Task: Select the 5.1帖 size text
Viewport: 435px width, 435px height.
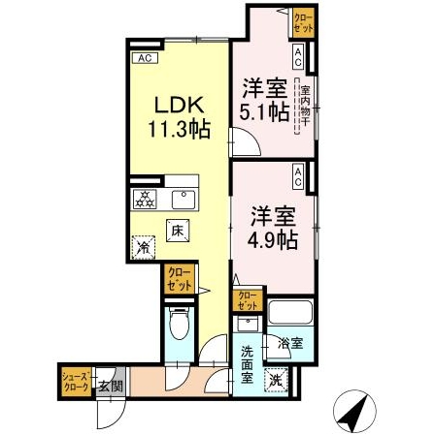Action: pyautogui.click(x=263, y=111)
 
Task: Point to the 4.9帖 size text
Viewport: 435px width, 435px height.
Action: pyautogui.click(x=265, y=237)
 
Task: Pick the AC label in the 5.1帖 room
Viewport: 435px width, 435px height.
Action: pyautogui.click(x=298, y=56)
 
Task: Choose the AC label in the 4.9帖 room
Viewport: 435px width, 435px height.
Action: pyautogui.click(x=298, y=177)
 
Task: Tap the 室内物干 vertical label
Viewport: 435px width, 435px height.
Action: pyautogui.click(x=304, y=105)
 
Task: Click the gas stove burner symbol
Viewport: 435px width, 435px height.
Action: pyautogui.click(x=146, y=201)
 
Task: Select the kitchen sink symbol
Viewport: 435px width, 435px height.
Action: pyautogui.click(x=182, y=200)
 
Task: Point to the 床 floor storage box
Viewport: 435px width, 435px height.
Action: pyautogui.click(x=178, y=232)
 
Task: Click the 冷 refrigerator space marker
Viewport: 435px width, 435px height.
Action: pyautogui.click(x=143, y=249)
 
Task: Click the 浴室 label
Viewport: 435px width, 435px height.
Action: pyautogui.click(x=288, y=343)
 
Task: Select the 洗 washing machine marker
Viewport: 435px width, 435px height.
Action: pyautogui.click(x=277, y=381)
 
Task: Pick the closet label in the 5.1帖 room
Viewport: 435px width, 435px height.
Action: pyautogui.click(x=303, y=21)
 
